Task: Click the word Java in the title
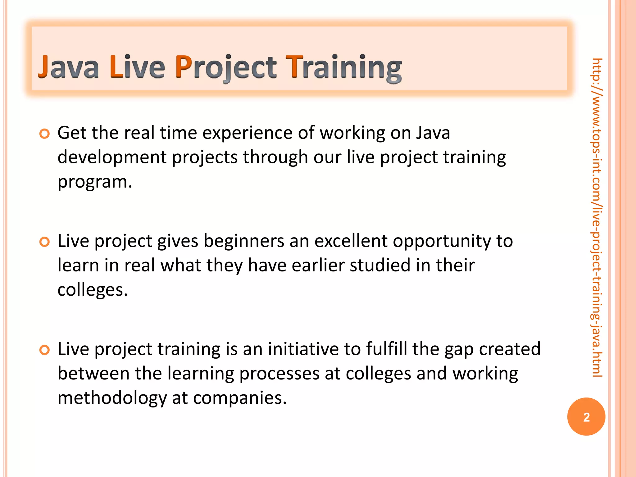(x=68, y=67)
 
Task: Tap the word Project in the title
(x=225, y=67)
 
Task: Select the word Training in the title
(x=343, y=67)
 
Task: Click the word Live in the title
(x=137, y=67)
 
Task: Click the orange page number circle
(x=586, y=417)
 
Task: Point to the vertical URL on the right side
(x=597, y=217)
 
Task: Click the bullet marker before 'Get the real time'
(x=44, y=134)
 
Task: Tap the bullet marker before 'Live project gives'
(x=44, y=242)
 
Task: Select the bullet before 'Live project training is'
(x=44, y=350)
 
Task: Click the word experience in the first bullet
(x=248, y=133)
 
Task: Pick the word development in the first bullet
(x=112, y=157)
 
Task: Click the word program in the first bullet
(x=93, y=182)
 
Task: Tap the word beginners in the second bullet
(x=244, y=241)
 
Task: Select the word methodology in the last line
(x=112, y=398)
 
